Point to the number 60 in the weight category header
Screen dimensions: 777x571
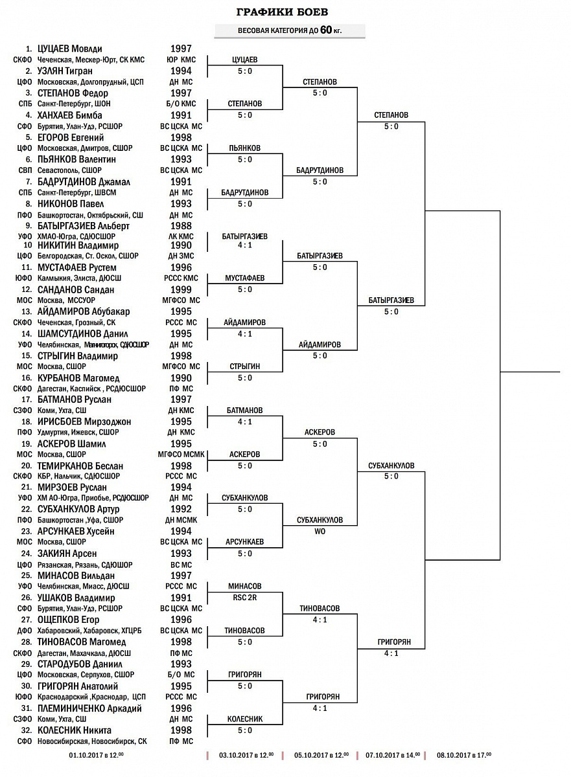[x=325, y=30]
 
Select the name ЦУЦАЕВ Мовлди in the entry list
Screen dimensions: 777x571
[x=69, y=49]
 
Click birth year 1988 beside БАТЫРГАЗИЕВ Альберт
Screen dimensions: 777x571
[x=181, y=226]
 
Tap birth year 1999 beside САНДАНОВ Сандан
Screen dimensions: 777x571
[x=181, y=289]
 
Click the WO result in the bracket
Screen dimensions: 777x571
[x=320, y=532]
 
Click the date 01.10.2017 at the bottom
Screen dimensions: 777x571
[x=96, y=755]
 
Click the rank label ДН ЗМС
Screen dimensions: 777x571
[x=181, y=256]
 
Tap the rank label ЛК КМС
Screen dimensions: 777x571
[x=181, y=236]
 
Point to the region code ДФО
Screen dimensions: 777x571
[x=25, y=631]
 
